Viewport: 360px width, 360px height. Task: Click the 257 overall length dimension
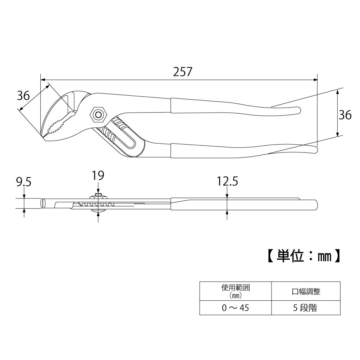coord(183,72)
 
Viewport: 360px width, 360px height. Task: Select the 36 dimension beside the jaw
coord(23,95)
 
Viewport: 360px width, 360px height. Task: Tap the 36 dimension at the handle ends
coord(345,115)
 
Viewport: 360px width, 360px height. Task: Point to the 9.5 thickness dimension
coord(24,182)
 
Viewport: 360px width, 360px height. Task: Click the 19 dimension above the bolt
coord(98,176)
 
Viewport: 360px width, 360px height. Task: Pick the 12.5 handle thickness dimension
coord(228,181)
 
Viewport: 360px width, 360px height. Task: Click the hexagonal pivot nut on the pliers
coord(99,115)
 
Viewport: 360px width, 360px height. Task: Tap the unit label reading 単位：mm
coord(304,256)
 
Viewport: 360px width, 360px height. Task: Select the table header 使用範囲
coord(235,287)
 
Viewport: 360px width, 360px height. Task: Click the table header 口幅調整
coord(306,291)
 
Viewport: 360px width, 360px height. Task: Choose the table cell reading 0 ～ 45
coord(235,307)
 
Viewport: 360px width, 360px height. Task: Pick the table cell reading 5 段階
coord(305,307)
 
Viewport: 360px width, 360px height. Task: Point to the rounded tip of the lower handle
coord(317,150)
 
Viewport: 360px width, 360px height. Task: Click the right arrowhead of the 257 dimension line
coord(315,80)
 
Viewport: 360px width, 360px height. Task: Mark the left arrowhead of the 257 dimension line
coord(43,80)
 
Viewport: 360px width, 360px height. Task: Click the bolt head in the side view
coord(99,196)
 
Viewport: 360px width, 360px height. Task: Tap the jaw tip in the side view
coord(43,204)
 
